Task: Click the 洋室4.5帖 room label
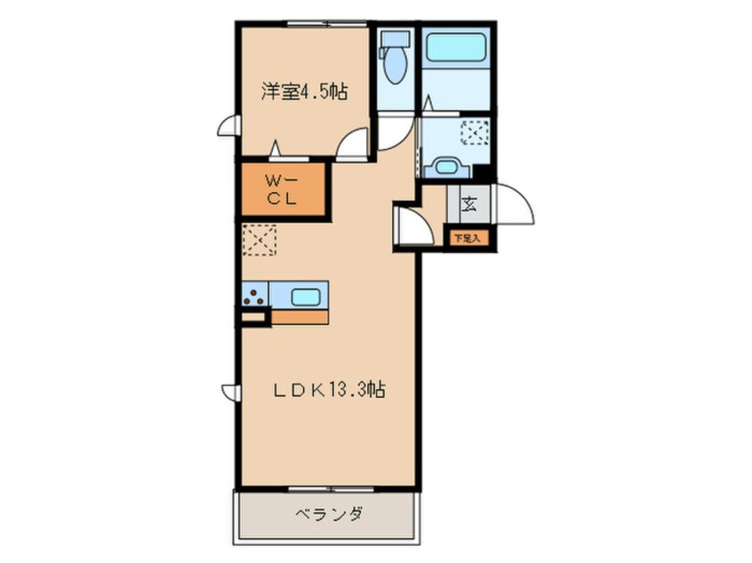tap(303, 91)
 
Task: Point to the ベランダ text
tap(328, 514)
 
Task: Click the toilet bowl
tap(395, 66)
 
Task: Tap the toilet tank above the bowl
tap(394, 39)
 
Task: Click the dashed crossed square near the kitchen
tap(260, 240)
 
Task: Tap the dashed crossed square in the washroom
tap(475, 133)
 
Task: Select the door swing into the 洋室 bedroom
tap(354, 144)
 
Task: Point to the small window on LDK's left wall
tap(229, 392)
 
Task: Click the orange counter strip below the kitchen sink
tap(300, 315)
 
